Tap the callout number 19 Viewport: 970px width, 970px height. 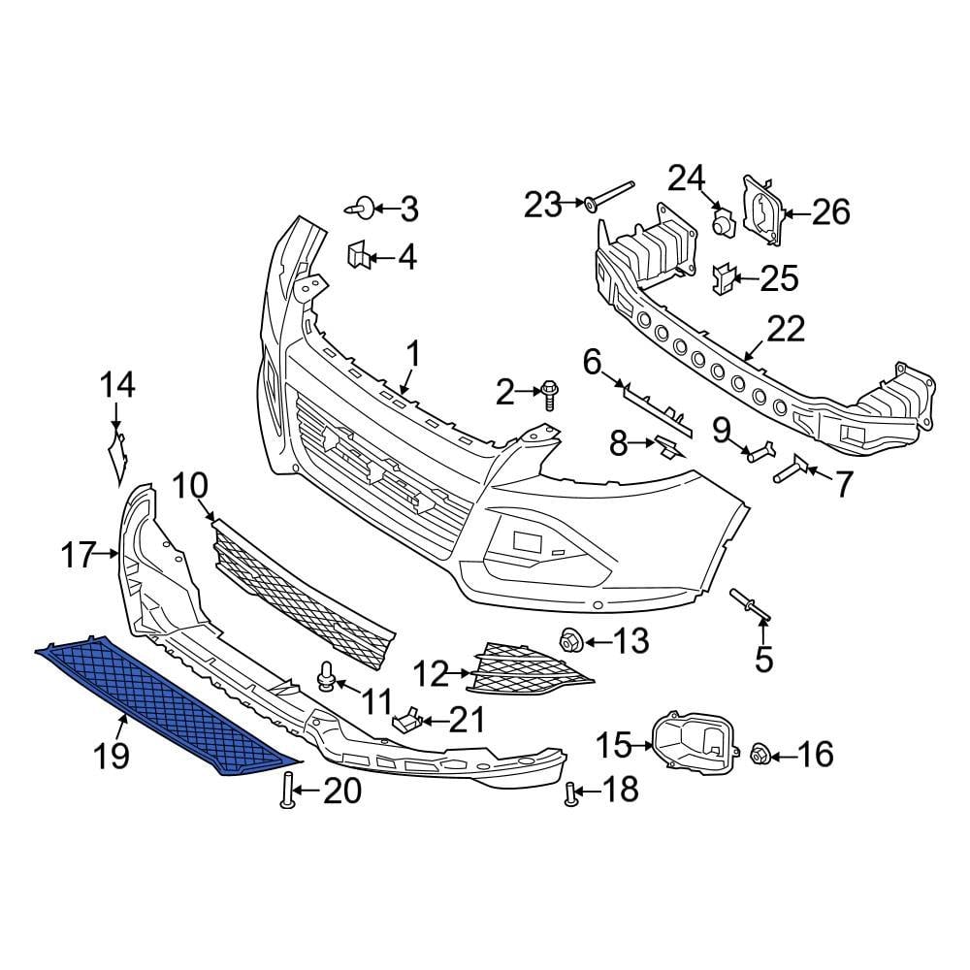113,754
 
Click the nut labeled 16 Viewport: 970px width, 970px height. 760,753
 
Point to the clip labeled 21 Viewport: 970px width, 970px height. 407,720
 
